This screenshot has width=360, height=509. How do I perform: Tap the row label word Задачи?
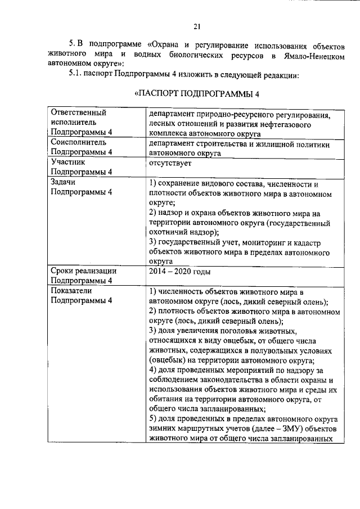click(x=62, y=182)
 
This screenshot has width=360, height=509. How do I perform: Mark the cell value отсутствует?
click(x=170, y=164)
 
